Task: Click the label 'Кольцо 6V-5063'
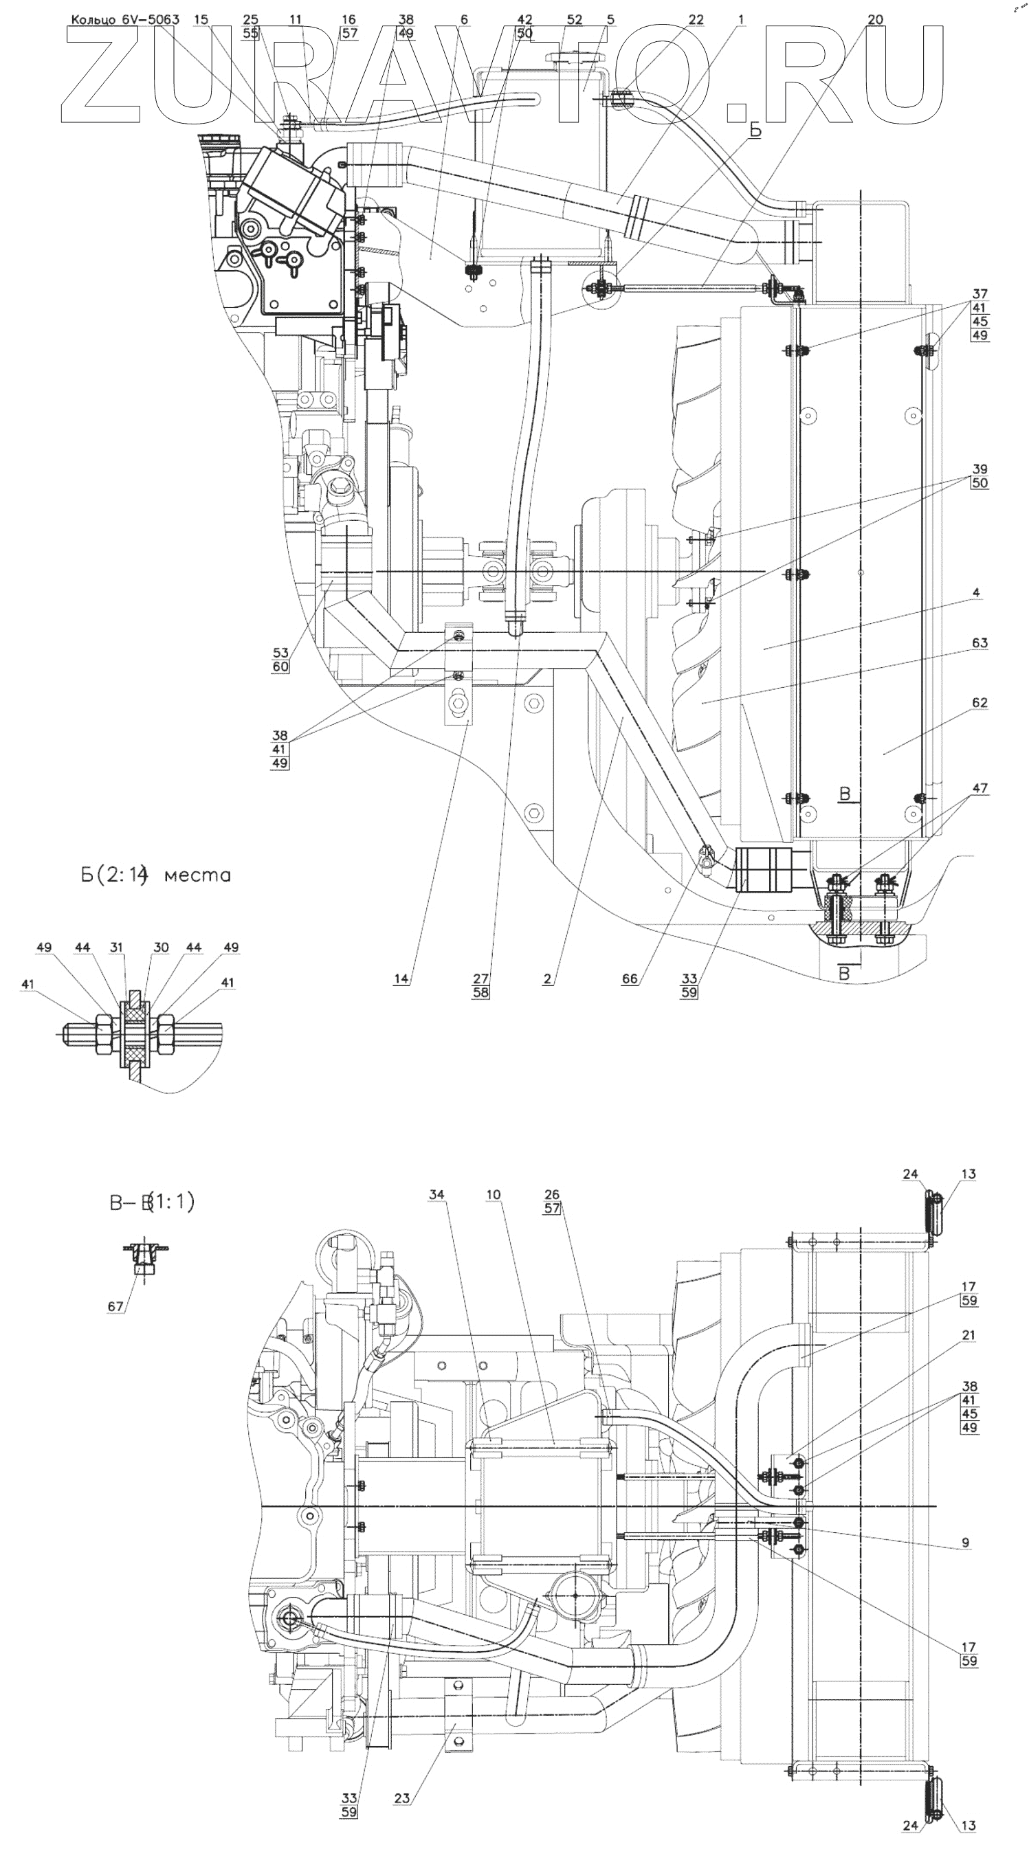click(125, 19)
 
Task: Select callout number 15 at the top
click(201, 19)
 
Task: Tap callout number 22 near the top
click(695, 19)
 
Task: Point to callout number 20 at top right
click(874, 19)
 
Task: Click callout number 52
click(574, 19)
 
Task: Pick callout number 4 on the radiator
click(975, 593)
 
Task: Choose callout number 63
click(980, 642)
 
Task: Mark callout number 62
click(980, 702)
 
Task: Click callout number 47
click(980, 788)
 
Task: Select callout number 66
click(629, 978)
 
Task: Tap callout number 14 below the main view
click(401, 978)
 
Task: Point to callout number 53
click(280, 653)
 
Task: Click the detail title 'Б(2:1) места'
click(155, 875)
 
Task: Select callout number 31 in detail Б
click(117, 947)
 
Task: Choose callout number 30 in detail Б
click(161, 947)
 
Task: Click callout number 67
click(115, 1306)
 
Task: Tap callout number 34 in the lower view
click(436, 1194)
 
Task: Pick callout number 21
click(969, 1335)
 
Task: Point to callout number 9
click(966, 1543)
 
